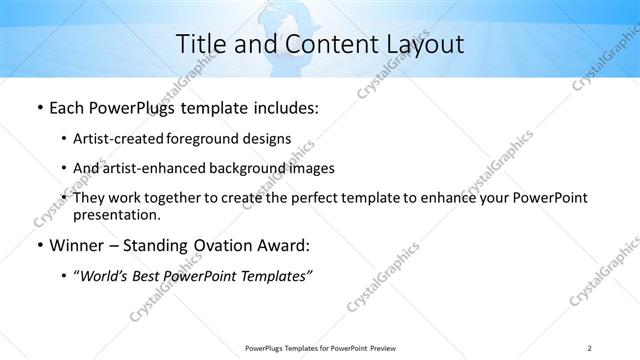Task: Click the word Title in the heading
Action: pos(201,44)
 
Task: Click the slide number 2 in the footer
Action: pos(590,347)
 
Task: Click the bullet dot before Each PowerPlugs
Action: pos(38,108)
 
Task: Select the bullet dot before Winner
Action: pos(38,246)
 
